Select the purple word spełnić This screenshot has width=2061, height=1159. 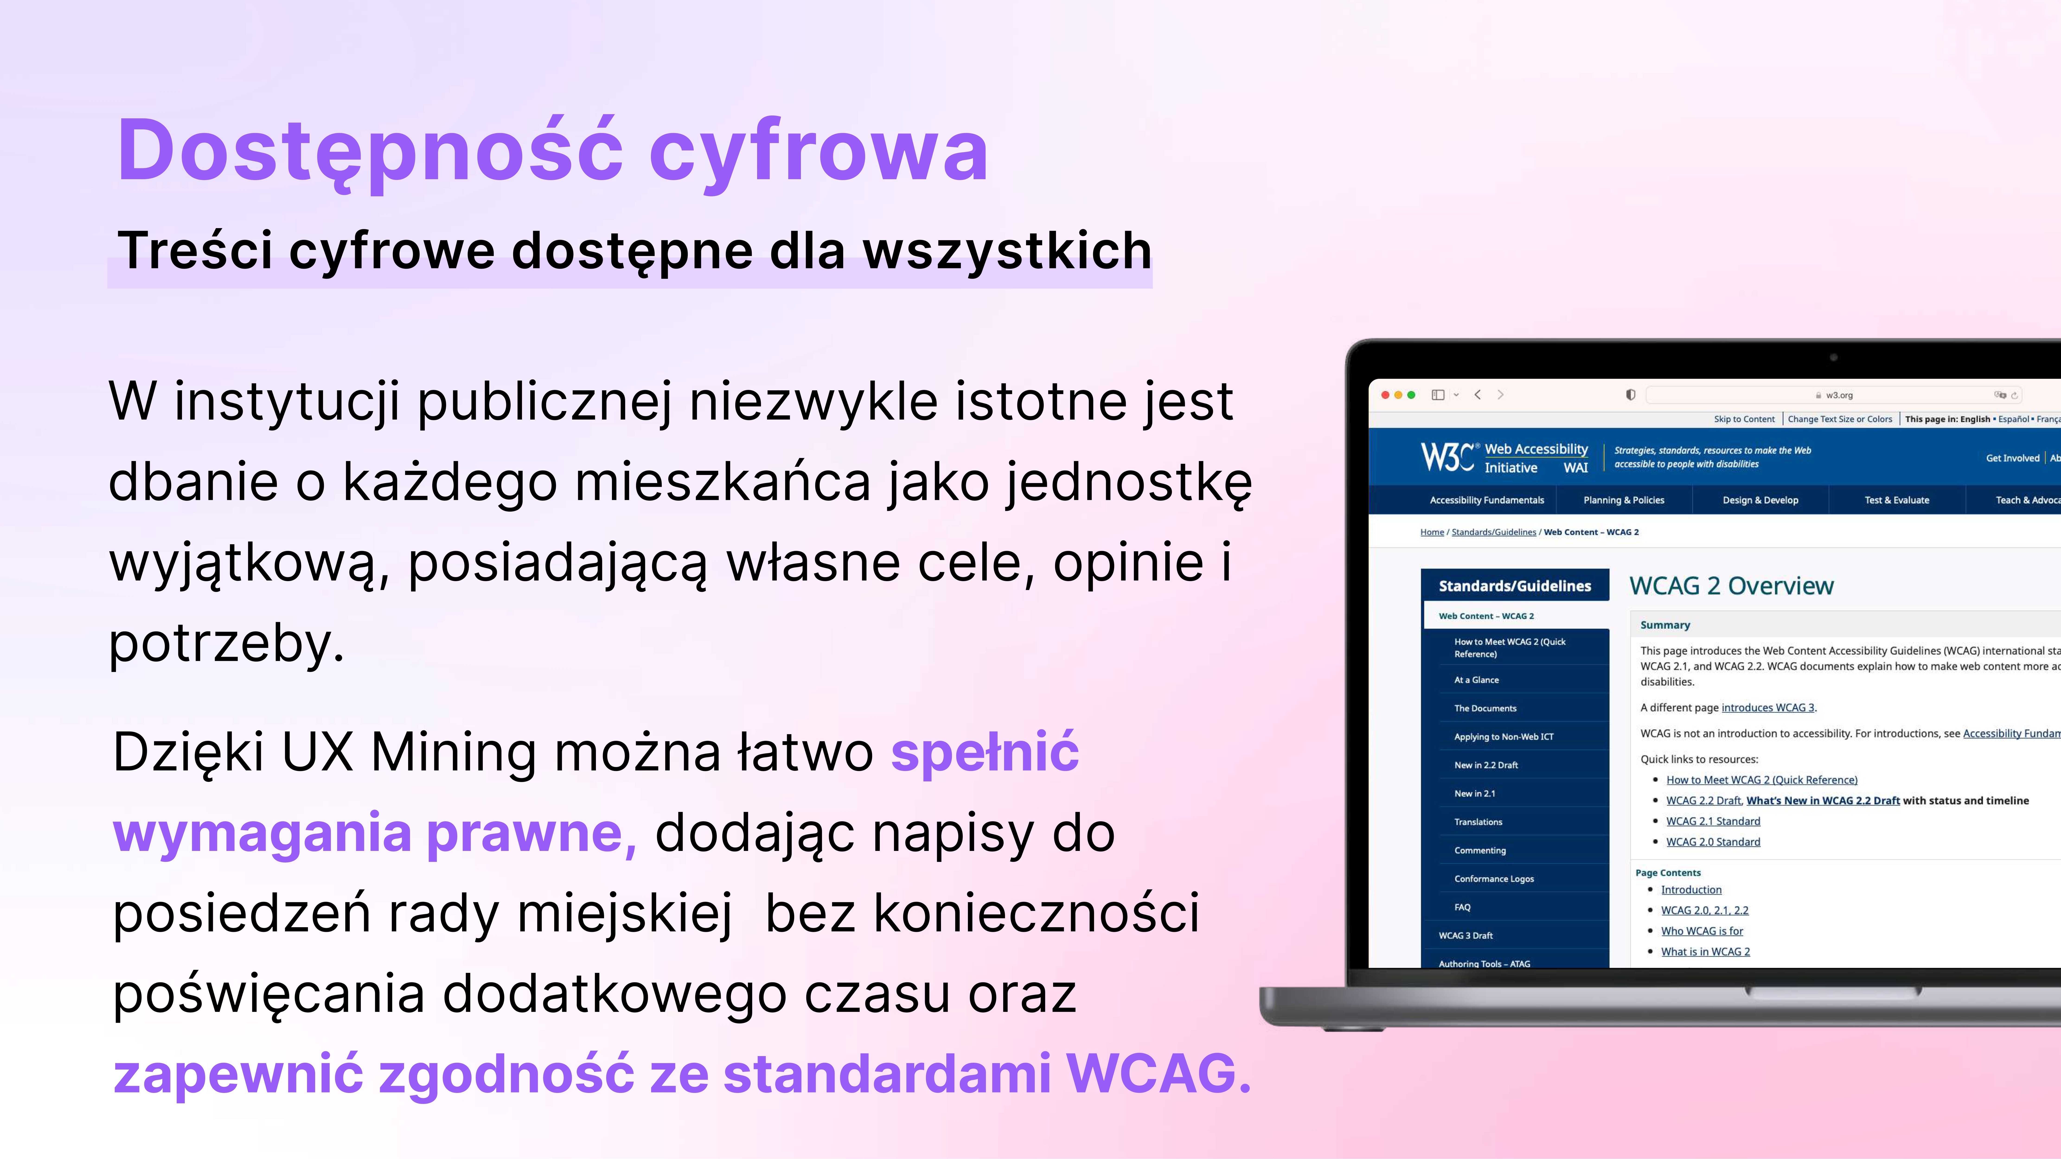click(985, 753)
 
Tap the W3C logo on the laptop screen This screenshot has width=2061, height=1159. click(1447, 457)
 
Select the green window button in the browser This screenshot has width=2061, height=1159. click(1411, 395)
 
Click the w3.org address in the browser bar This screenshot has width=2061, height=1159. click(1839, 395)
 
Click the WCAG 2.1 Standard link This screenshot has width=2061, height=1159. click(1713, 821)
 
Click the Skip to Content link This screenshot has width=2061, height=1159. click(1743, 419)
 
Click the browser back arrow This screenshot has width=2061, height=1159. click(1478, 395)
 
